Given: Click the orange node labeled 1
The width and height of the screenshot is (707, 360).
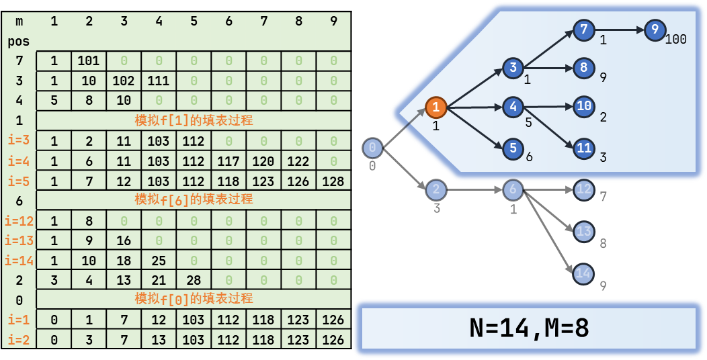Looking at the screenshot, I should point(435,107).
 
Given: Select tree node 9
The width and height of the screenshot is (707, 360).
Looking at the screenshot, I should point(654,30).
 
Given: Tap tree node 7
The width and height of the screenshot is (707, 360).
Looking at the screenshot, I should point(583,30).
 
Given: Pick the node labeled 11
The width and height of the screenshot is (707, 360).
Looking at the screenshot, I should point(583,148).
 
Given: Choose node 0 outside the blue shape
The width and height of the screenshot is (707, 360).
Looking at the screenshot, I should point(373,148).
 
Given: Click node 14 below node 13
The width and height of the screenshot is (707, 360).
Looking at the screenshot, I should point(583,273).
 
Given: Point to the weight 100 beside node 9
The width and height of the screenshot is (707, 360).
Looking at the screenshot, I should point(676,40).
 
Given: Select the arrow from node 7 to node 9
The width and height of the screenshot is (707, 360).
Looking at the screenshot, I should point(618,30).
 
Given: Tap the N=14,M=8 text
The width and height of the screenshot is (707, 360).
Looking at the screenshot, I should point(529,328).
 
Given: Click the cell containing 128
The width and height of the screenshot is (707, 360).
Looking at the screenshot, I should point(333,181).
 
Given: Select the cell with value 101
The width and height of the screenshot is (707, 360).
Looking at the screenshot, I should point(89,61).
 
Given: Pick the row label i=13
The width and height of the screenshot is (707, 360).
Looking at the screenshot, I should point(18,240).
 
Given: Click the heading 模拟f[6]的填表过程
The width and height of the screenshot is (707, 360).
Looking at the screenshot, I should point(194,199).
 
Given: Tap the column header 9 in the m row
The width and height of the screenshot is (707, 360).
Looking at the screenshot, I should point(333,21).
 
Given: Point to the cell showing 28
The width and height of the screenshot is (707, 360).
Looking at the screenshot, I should point(194,280).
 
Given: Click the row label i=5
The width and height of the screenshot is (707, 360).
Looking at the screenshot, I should point(18,181).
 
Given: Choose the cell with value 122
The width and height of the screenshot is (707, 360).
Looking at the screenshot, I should point(298,161).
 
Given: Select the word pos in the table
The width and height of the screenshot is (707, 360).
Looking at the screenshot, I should point(18,42).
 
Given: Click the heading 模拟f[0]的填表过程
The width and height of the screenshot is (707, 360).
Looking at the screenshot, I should point(194,299).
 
